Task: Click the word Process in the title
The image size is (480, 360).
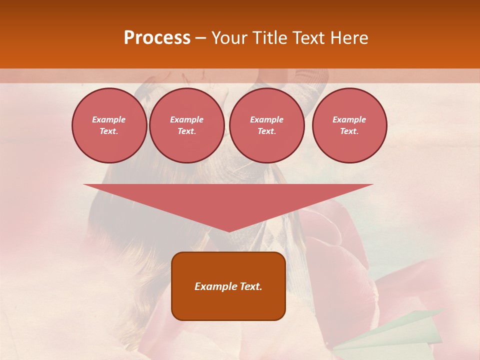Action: (x=157, y=37)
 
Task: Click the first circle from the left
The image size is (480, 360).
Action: (x=109, y=125)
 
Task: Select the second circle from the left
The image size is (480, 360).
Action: (x=186, y=125)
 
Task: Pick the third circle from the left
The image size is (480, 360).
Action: (x=266, y=125)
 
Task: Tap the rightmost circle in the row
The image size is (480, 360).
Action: (x=349, y=125)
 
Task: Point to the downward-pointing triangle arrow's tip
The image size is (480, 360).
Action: (x=228, y=231)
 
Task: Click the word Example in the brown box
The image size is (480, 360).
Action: (x=216, y=286)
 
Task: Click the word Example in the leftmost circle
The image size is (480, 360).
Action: (x=109, y=120)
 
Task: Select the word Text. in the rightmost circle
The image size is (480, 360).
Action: (x=349, y=131)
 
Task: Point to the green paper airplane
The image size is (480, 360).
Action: (x=395, y=332)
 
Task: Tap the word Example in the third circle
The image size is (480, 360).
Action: (x=266, y=120)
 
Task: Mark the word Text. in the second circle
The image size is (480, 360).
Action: (x=186, y=131)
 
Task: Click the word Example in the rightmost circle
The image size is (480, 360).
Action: (x=349, y=120)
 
